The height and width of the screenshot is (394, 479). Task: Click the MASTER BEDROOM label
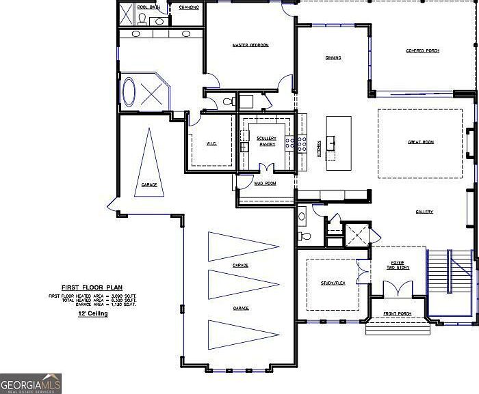[250, 45]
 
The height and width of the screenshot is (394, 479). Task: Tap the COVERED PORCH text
[422, 51]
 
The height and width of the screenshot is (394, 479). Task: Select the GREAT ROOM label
[421, 142]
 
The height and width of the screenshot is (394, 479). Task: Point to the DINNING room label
[333, 58]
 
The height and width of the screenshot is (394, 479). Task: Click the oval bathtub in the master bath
[129, 92]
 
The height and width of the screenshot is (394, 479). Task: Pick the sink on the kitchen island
[333, 143]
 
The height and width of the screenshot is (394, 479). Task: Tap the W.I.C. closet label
[211, 144]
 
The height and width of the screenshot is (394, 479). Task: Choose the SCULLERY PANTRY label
[266, 141]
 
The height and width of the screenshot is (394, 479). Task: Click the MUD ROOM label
[265, 184]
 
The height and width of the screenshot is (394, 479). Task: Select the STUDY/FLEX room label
[332, 283]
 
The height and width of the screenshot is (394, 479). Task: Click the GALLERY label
[424, 212]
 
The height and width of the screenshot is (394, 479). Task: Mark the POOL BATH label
[148, 7]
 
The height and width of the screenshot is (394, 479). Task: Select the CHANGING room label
[189, 7]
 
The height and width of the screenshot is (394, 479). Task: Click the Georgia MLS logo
[31, 383]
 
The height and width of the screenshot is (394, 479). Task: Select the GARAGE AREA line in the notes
[92, 305]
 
